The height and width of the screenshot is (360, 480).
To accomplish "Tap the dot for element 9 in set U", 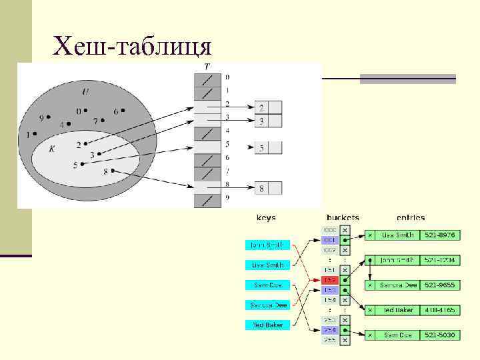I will [49, 117].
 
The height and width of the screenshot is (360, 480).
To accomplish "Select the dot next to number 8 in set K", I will [113, 171].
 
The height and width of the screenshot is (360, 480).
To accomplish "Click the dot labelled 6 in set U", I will [124, 110].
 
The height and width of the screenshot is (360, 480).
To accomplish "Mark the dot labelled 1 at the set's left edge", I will [35, 134].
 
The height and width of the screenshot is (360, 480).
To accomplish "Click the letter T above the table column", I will [207, 67].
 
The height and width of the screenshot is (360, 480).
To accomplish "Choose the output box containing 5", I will [261, 148].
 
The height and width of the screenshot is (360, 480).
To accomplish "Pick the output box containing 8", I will [261, 189].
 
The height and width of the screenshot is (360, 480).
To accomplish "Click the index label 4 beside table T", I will [227, 131].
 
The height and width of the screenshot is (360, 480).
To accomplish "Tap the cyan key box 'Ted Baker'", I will [267, 325].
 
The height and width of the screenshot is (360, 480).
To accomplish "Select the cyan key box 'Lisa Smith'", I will [267, 265].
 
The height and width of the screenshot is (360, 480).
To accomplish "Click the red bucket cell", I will [330, 281].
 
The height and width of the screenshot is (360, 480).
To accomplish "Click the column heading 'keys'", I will [267, 217].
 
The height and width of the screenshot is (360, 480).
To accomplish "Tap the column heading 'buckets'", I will [343, 217].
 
